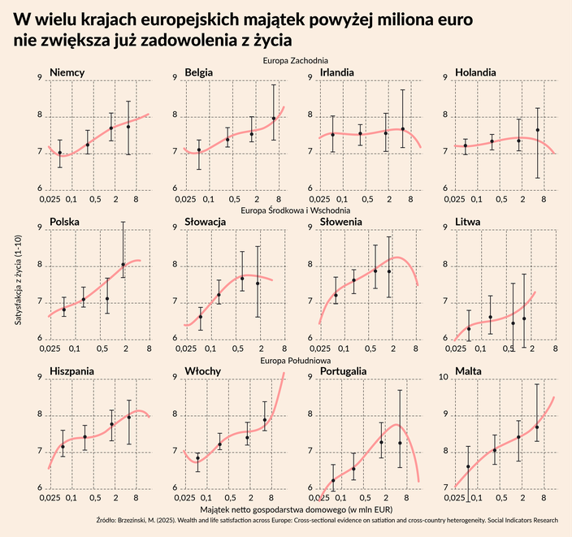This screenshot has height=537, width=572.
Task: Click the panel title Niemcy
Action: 67,72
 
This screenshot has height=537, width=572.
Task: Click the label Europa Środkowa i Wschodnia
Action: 295,210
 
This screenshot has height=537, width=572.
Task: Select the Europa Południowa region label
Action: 295,360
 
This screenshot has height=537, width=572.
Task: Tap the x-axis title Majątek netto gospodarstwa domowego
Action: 295,507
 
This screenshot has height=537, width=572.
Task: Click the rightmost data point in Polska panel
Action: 123,264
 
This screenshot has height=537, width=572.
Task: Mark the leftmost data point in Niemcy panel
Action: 59,152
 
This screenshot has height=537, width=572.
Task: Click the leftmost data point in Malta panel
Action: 469,466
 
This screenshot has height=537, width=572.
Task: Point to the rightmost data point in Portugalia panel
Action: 400,443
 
